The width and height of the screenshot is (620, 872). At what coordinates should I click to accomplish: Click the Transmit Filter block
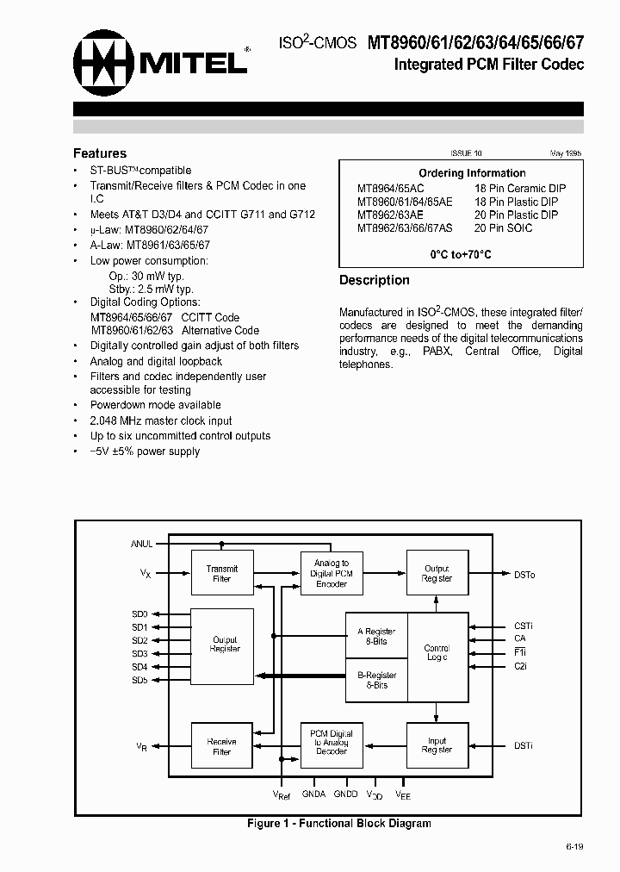pos(222,574)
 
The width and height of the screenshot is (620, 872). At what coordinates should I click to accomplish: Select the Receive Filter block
pos(222,746)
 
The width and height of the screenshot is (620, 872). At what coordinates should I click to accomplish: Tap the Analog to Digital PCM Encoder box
pos(332,574)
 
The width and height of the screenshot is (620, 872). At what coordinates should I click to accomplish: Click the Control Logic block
pos(437,652)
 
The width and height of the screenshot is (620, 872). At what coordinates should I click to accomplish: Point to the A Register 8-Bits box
pos(376,636)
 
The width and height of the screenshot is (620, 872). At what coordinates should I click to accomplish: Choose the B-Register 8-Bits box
pos(376,680)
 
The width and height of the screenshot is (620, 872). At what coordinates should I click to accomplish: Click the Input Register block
pos(437,744)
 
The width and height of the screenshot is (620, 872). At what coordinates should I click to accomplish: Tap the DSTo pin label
pos(524,575)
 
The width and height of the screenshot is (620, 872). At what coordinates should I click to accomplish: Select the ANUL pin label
pos(141,544)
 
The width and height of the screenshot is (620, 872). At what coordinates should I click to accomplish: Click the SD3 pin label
pos(139,654)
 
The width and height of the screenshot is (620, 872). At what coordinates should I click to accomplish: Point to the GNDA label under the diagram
pos(313,794)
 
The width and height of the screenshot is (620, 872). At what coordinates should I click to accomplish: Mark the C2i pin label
pos(520,667)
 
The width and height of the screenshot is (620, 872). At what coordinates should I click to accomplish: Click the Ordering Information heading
pos(472,173)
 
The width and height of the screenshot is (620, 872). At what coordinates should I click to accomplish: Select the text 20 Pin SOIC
pos(503,228)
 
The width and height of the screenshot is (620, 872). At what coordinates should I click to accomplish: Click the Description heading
pos(374,280)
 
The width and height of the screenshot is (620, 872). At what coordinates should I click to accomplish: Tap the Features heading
pos(100,153)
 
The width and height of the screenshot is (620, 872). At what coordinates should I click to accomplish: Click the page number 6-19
pos(574,847)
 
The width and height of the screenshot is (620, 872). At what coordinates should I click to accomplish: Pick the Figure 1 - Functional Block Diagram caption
pos(338,824)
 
